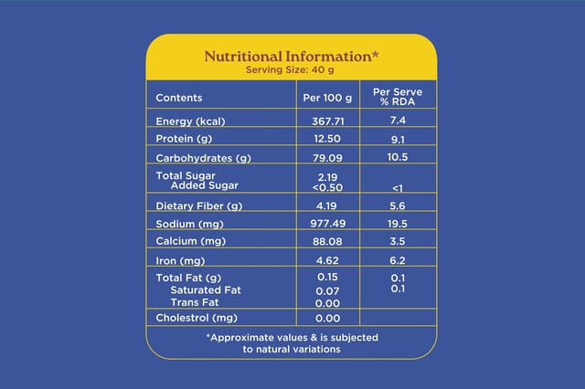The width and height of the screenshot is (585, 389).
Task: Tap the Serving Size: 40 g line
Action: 292,69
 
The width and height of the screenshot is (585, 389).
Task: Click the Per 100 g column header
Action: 327,98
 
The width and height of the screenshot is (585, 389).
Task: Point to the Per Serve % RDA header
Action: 398,97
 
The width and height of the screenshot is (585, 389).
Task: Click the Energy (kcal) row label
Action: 190,121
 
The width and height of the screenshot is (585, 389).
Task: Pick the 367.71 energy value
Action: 327,121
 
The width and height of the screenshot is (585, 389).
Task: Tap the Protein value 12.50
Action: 327,140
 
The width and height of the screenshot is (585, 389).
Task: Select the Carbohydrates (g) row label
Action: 203,158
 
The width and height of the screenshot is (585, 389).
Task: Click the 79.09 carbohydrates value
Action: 327,158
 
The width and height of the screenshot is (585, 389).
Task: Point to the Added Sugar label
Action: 198,185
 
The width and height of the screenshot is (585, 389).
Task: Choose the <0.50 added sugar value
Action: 327,186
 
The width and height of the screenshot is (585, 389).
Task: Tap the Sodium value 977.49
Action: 327,224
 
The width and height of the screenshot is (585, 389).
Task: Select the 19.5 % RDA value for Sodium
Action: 398,224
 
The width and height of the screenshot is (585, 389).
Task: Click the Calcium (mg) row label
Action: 192,242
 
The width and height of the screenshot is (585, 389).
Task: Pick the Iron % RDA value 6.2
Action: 398,261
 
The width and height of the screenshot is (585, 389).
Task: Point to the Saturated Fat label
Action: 205,290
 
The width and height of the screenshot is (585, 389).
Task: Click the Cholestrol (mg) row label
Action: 197,318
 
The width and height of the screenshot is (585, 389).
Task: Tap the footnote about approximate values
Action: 292,342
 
